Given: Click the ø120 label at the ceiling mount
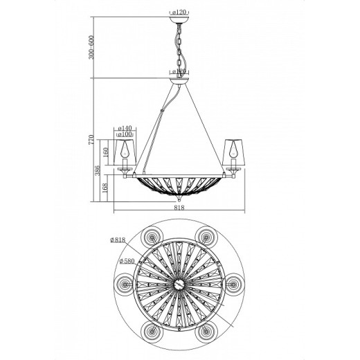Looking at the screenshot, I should [179, 12].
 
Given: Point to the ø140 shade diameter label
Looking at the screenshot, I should [125, 129].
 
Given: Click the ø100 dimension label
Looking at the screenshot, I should [125, 136].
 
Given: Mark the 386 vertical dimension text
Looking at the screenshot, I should [98, 170].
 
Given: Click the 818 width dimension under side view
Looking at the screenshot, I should [179, 206].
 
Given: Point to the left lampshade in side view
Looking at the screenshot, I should [125, 148].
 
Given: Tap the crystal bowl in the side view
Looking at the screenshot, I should [179, 186].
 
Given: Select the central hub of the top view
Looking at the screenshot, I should [179, 282].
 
